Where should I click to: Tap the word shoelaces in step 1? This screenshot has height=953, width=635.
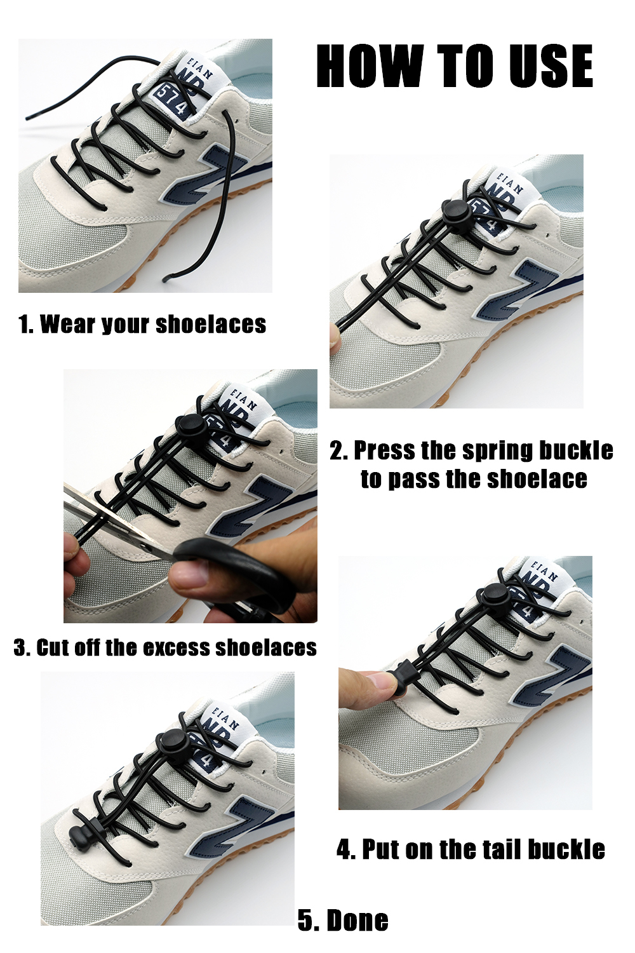[x=211, y=324]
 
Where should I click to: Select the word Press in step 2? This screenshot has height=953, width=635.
[x=384, y=450]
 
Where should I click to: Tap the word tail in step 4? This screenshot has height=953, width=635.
[x=490, y=849]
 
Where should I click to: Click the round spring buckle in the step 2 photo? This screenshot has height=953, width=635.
[x=455, y=210]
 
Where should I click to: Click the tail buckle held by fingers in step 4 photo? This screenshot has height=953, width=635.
[x=404, y=678]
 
